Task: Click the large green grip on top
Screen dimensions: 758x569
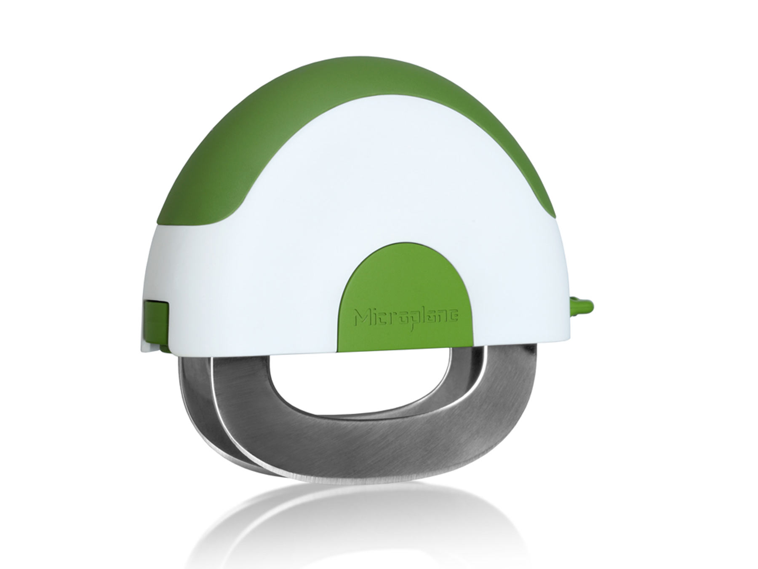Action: pyautogui.click(x=295, y=126)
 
